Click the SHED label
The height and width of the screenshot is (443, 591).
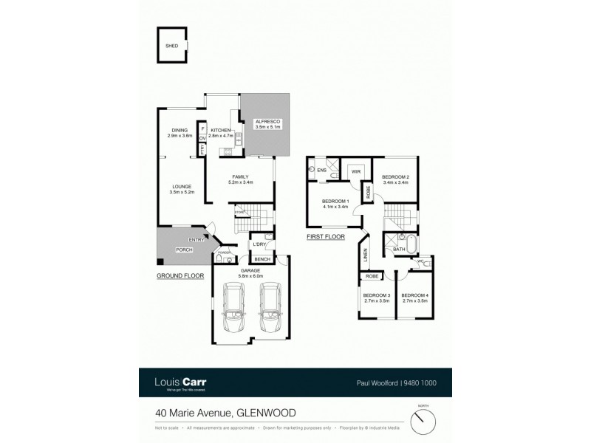(171, 46)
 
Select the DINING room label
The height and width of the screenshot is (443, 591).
(180, 131)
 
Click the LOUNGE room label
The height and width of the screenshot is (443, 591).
(182, 186)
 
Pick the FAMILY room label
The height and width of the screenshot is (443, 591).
(239, 177)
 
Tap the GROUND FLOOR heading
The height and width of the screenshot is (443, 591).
(180, 275)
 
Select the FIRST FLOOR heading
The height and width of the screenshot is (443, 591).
(326, 237)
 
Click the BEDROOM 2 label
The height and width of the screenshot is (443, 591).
(396, 178)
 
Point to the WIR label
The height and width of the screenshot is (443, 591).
(355, 171)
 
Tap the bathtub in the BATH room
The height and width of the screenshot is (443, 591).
(408, 243)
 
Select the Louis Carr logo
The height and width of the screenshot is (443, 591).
(181, 383)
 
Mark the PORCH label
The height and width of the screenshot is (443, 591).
(183, 250)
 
